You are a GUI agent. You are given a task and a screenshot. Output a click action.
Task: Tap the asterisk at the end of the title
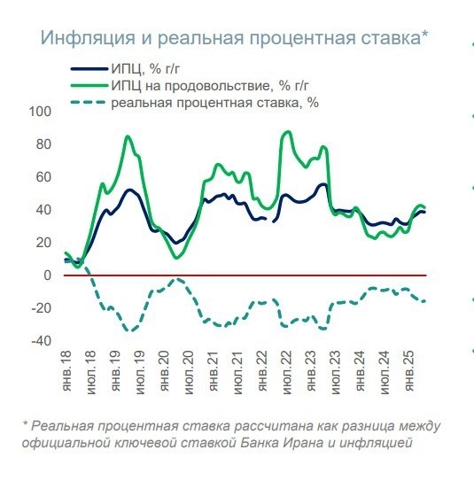tap(425, 35)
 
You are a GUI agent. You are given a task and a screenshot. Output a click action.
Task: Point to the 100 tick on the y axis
tap(42, 112)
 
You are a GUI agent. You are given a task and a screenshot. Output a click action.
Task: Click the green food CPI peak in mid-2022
tap(287, 132)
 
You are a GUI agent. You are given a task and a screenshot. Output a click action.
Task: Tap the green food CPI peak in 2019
tap(128, 136)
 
